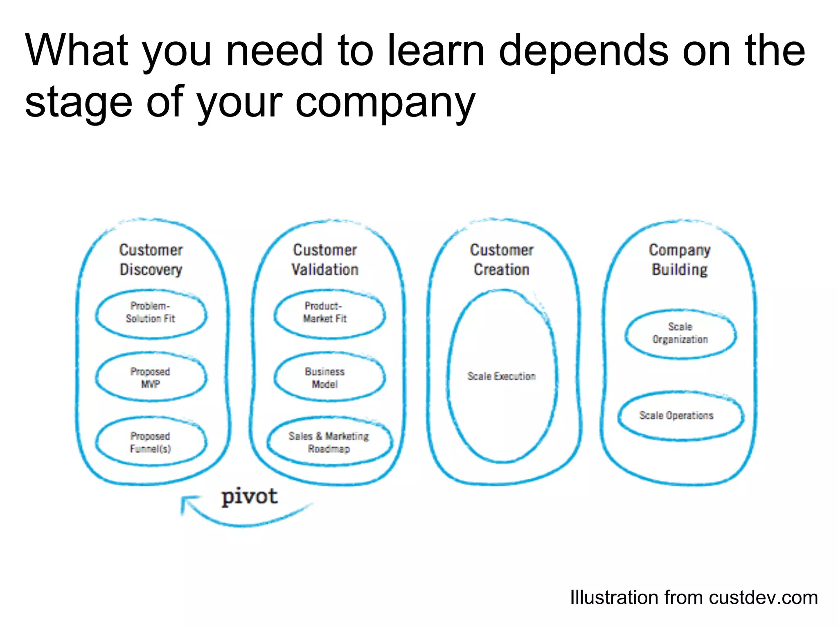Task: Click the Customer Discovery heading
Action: point(151,260)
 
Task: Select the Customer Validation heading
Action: point(325,260)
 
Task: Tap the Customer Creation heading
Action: point(502,260)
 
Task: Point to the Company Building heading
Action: point(680,260)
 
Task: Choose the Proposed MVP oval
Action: point(151,377)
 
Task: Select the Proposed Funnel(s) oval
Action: point(151,442)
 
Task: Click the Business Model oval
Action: point(325,377)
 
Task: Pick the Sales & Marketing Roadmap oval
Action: point(329,442)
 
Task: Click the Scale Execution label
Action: point(502,376)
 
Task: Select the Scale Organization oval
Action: point(680,333)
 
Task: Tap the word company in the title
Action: point(385,102)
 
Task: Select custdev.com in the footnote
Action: point(764,598)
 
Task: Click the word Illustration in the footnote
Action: point(614,598)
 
